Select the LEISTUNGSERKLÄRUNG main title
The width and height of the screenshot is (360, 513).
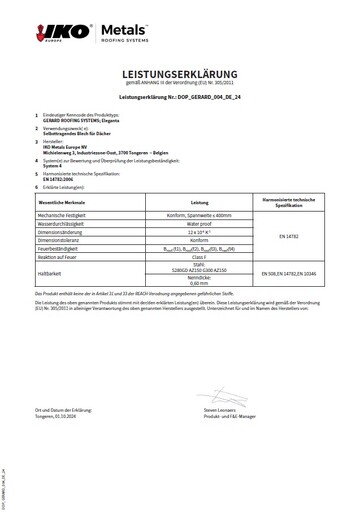180,75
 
